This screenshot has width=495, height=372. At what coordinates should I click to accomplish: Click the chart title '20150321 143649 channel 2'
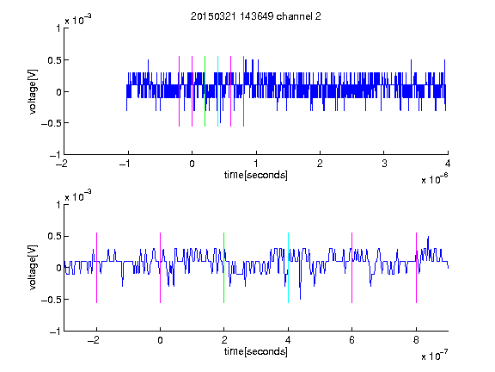[x=256, y=16]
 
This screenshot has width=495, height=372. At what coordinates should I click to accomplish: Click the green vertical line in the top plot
[x=205, y=91]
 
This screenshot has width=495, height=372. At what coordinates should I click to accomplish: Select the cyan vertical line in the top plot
[x=217, y=91]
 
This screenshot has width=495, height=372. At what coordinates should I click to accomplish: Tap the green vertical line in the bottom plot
[x=223, y=268]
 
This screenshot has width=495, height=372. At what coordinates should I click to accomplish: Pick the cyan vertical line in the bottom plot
[x=288, y=268]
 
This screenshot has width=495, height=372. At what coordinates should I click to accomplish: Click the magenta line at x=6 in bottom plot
[x=352, y=268]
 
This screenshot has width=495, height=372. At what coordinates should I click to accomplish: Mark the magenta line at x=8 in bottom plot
[x=417, y=268]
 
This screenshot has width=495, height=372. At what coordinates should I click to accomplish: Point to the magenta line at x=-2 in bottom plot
[x=96, y=268]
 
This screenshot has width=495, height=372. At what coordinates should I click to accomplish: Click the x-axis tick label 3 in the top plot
[x=384, y=164]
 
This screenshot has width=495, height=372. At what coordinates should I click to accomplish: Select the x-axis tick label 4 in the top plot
[x=448, y=164]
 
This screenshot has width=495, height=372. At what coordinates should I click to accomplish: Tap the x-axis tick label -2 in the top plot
[x=62, y=164]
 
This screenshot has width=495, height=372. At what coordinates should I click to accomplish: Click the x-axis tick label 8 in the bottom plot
[x=416, y=340]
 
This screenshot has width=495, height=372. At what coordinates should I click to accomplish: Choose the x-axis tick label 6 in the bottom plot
[x=352, y=340]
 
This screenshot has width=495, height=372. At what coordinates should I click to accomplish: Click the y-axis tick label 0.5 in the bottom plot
[x=53, y=236]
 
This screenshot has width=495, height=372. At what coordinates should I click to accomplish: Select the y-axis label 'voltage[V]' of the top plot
[x=33, y=91]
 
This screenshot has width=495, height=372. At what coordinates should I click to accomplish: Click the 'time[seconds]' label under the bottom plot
[x=256, y=351]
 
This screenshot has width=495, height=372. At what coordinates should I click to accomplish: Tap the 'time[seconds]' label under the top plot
[x=256, y=175]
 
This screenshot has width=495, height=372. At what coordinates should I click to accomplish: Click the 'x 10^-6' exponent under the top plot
[x=434, y=178]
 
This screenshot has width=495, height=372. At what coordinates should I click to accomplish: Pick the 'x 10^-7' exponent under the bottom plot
[x=434, y=355]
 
